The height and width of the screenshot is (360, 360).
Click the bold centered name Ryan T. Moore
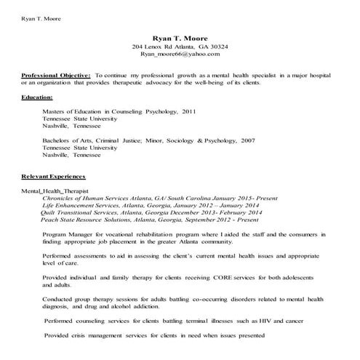coord(180,38)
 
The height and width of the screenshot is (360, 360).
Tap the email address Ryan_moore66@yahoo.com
coord(180,54)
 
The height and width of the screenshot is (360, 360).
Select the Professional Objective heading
coord(56,75)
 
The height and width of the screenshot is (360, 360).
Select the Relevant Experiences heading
coord(53,177)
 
